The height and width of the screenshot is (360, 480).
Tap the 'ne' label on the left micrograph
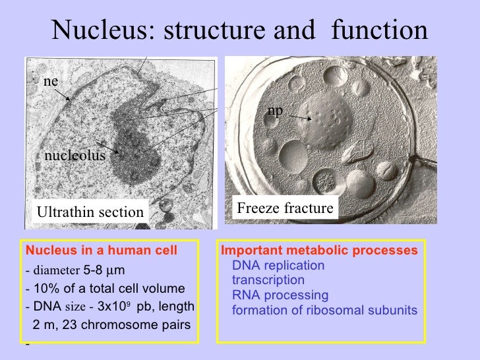pos(51,81)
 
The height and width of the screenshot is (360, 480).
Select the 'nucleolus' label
pos(75,156)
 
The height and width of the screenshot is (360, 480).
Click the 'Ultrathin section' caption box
pos(90,212)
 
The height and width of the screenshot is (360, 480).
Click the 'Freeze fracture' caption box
pos(284,208)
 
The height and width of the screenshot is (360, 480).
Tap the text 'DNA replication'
pos(278,266)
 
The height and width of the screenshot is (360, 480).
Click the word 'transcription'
pos(268,280)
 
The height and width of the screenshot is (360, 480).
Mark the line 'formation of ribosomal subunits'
pos(324,309)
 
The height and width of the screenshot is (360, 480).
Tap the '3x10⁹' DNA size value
pos(115,307)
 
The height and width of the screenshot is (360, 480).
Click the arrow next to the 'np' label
pos(299,117)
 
